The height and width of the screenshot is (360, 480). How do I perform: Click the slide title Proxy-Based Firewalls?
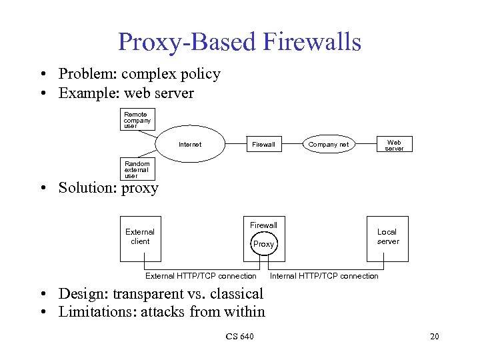pyautogui.click(x=239, y=41)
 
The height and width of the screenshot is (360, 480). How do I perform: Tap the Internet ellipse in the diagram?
pyautogui.click(x=190, y=144)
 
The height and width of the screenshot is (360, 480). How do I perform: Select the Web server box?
pyautogui.click(x=394, y=145)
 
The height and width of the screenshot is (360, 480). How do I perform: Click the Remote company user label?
pyautogui.click(x=137, y=119)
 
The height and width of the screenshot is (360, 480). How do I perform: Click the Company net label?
pyautogui.click(x=328, y=145)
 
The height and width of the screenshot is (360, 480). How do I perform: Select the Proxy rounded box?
pyautogui.click(x=263, y=244)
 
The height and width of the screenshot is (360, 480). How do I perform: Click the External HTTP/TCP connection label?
pyautogui.click(x=201, y=276)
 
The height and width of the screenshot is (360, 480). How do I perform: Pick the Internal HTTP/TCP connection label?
pyautogui.click(x=324, y=276)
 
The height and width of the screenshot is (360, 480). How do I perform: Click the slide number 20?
pyautogui.click(x=434, y=337)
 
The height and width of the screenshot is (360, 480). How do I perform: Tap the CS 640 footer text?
pyautogui.click(x=239, y=337)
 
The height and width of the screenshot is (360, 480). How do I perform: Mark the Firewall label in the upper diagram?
pyautogui.click(x=263, y=145)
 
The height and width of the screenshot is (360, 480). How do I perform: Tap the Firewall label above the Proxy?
pyautogui.click(x=263, y=225)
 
